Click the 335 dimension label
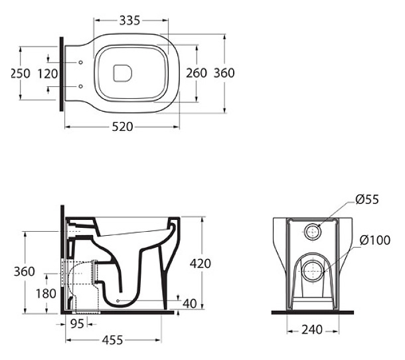point(129,21)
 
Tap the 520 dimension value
point(122,127)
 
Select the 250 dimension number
point(20,74)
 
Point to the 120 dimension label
point(48,74)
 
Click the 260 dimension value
point(197,73)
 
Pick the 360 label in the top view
point(224,73)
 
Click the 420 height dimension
point(201,264)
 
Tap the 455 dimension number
point(113,340)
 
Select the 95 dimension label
point(77,324)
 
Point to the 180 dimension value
point(46,294)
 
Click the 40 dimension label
point(190,304)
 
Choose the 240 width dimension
point(312,329)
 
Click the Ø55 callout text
point(367,199)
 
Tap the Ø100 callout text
point(375,240)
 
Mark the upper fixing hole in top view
point(80,62)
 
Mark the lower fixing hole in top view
point(80,86)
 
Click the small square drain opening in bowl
point(122,73)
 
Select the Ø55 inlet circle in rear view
point(313,232)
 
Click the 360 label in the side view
point(25,272)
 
